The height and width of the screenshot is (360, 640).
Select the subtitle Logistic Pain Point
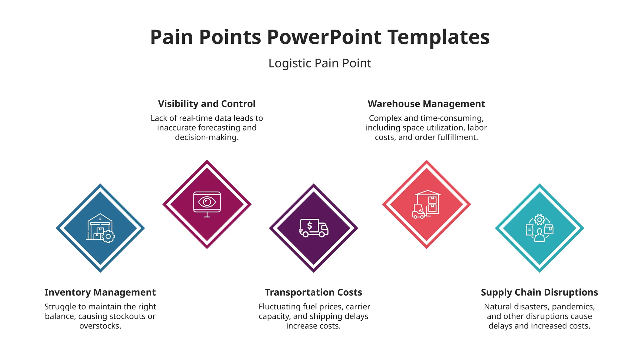[x=320, y=63]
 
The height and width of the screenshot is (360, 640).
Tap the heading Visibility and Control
[x=207, y=104]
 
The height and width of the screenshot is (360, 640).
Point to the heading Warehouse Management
[x=426, y=104]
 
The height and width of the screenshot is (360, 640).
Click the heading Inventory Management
[x=100, y=292]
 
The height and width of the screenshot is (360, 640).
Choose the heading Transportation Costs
[x=313, y=292]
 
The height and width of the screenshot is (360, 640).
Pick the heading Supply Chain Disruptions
[x=539, y=292]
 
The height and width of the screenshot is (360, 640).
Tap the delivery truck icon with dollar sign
[x=313, y=228]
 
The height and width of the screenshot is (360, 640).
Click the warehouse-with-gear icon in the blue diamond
[x=100, y=228]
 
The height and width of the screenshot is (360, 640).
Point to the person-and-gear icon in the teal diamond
[x=539, y=228]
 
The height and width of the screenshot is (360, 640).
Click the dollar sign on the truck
[x=309, y=225]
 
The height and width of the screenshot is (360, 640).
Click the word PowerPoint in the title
[x=324, y=37]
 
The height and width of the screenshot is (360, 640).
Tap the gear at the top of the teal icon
[x=539, y=220]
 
